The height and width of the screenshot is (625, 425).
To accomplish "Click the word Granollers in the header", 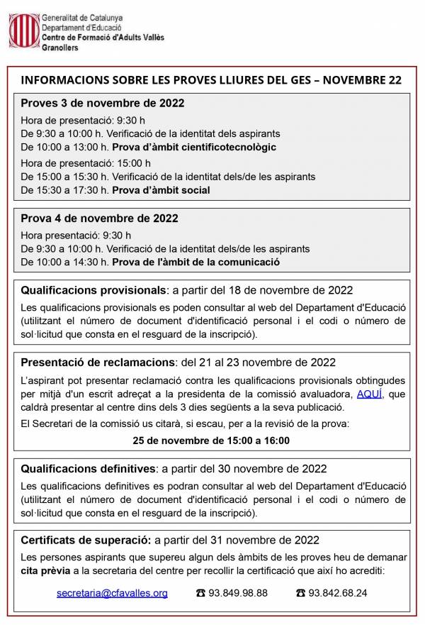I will [x=60, y=48].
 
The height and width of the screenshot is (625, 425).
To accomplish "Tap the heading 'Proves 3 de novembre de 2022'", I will [x=102, y=103].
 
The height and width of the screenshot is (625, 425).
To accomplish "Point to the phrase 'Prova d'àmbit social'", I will [x=161, y=190].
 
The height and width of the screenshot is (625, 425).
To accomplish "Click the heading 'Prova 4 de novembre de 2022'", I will [x=99, y=219].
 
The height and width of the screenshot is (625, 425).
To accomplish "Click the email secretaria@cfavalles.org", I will [x=112, y=593].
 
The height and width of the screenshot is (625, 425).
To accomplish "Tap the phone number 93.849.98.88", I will [x=238, y=593].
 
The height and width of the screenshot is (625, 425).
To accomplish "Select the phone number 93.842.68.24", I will [x=338, y=593].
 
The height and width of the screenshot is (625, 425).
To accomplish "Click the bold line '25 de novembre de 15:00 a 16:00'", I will [x=211, y=441].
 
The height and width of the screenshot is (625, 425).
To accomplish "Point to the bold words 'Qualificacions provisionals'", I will [x=93, y=290].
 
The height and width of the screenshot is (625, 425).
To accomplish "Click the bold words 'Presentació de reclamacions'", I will [x=97, y=363].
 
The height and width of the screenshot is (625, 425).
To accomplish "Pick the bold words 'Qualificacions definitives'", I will [x=89, y=468].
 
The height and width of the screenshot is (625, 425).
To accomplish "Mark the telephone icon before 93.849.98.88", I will [x=200, y=593].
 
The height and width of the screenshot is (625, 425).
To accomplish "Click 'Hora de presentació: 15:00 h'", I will [x=86, y=162].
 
